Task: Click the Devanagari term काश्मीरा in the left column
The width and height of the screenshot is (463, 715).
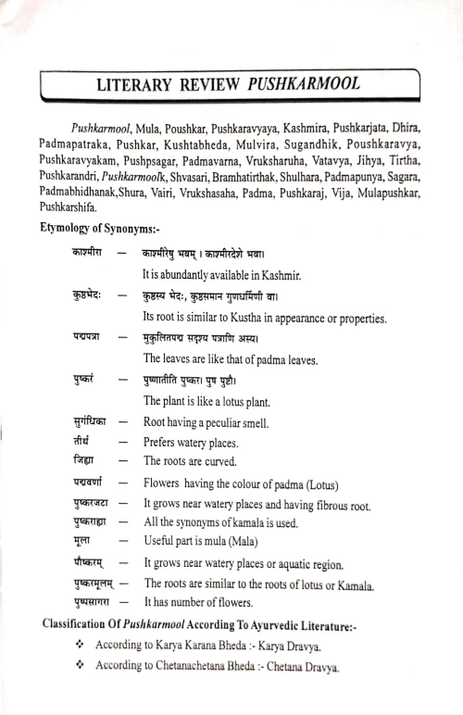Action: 87,251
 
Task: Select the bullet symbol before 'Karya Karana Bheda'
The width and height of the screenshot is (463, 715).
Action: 80,648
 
